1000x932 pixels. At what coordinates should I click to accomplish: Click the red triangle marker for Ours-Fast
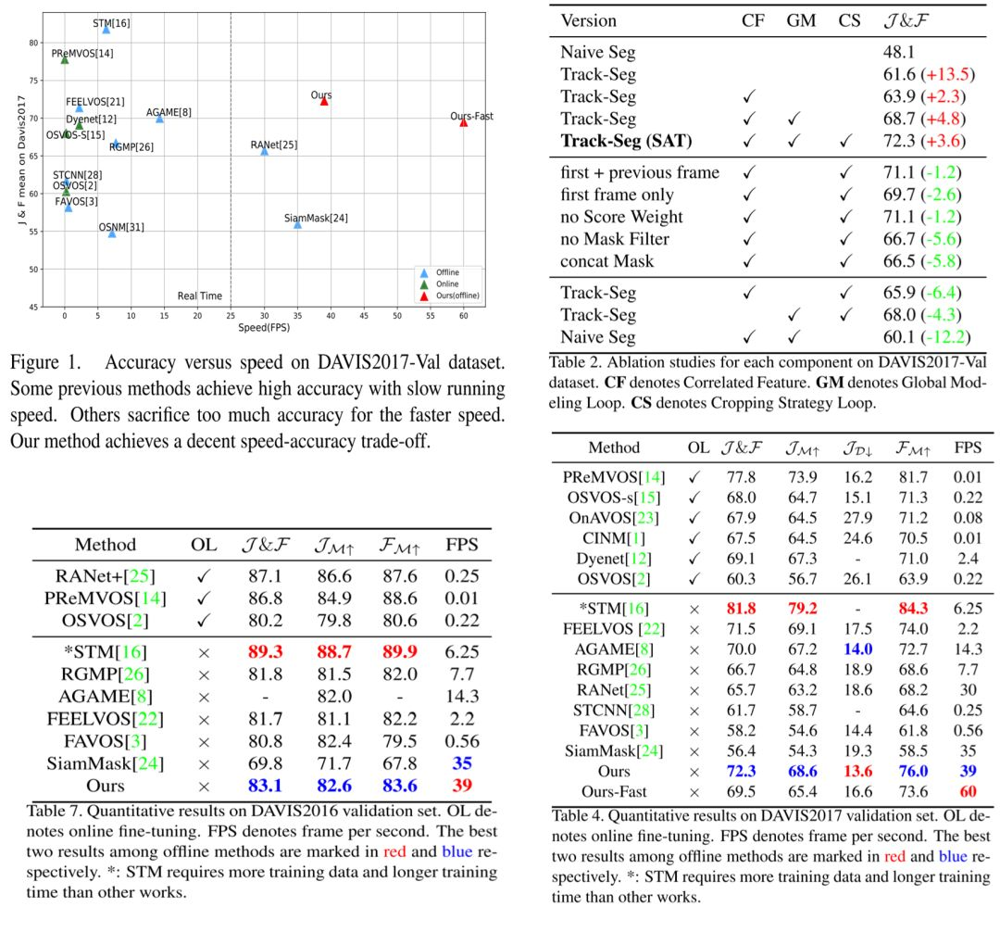coord(464,122)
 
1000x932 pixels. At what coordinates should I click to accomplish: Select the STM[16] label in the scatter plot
coord(111,23)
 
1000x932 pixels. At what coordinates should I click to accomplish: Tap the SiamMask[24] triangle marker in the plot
coord(297,224)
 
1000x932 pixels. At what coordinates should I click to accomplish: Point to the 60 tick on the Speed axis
coord(464,316)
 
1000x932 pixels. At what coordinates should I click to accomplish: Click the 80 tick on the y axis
coord(33,43)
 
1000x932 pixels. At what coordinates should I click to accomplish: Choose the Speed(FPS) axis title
coord(264,328)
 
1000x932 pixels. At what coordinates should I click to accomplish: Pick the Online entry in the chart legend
coord(447,283)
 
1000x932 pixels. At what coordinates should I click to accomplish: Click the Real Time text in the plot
coord(200,296)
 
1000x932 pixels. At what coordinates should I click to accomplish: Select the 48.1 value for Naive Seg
coord(898,52)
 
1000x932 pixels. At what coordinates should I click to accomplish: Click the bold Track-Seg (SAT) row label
coord(626,141)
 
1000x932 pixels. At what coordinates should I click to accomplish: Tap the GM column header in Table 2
coord(801,20)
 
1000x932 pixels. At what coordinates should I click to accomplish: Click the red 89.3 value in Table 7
coord(266,652)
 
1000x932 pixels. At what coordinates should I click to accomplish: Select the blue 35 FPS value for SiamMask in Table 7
coord(462,763)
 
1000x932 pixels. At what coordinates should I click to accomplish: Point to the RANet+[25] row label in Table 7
coord(106,576)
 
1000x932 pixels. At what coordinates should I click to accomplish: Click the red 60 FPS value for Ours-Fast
coord(969,792)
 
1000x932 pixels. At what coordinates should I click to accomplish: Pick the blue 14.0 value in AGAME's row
coord(857,649)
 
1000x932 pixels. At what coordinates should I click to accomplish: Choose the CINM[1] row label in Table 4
coord(614,538)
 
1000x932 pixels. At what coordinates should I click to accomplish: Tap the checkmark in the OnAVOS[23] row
coord(694,518)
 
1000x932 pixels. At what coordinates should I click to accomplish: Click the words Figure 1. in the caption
coord(46,362)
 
